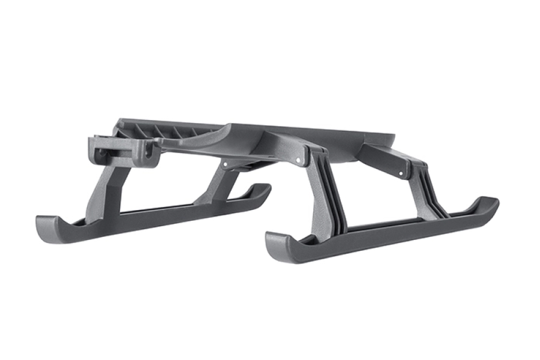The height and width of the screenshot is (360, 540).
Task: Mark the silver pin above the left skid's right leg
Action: coord(226,163)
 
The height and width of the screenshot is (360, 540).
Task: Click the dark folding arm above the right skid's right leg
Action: coord(384,159)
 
